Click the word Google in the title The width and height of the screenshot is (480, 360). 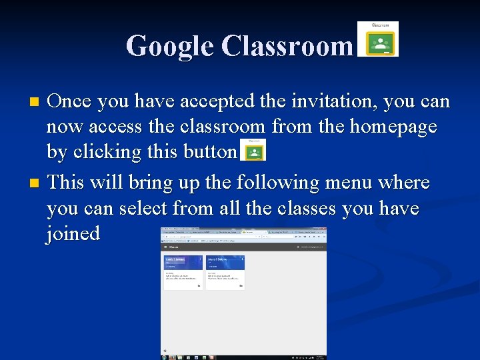[170, 46]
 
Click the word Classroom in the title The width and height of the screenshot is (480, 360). [287, 46]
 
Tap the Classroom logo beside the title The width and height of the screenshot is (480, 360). [378, 39]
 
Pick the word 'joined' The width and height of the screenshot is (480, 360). [73, 233]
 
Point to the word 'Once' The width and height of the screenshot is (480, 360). [73, 101]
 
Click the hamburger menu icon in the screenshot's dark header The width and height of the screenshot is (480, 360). [165, 246]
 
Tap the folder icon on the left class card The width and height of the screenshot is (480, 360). [199, 285]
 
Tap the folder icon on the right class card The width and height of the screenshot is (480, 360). [241, 285]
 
